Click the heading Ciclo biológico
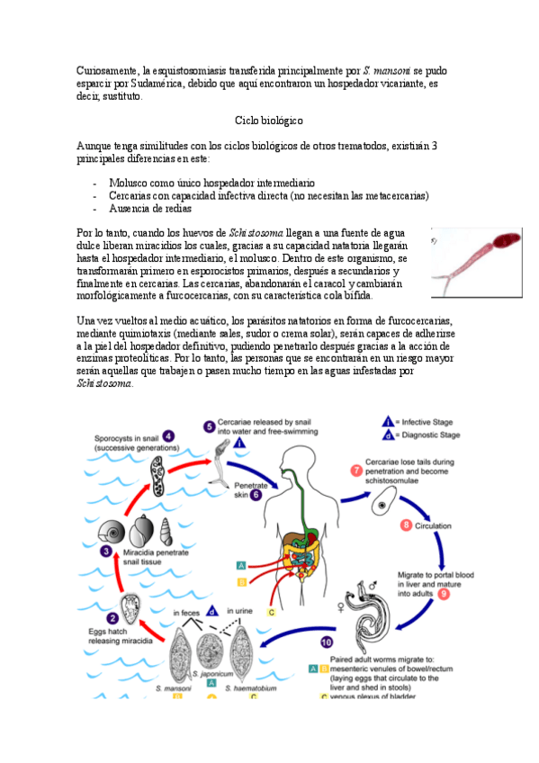click(x=268, y=121)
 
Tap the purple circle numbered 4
click(x=168, y=436)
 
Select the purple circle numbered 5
click(x=209, y=426)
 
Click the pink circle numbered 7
click(x=356, y=471)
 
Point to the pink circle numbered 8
click(x=406, y=525)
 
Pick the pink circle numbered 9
click(x=443, y=594)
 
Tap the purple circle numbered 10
click(x=327, y=642)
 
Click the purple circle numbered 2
click(x=112, y=618)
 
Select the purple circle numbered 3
click(x=106, y=552)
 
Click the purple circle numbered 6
click(x=256, y=495)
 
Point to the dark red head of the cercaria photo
click(x=507, y=240)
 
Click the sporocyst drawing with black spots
click(x=157, y=475)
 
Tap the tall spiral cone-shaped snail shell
click(x=166, y=532)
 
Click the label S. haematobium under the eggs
click(x=250, y=688)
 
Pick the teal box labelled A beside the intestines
click(x=241, y=565)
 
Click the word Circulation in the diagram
click(x=433, y=526)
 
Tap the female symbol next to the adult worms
click(x=341, y=607)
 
